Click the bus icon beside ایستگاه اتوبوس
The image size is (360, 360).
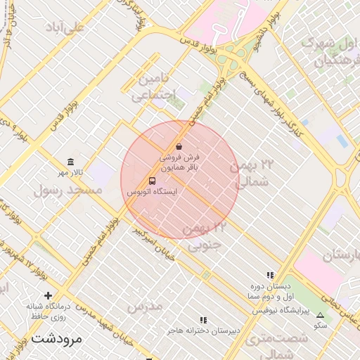(153, 181)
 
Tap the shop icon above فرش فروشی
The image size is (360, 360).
(179, 147)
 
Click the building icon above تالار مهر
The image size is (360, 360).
(70, 162)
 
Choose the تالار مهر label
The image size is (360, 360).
(70, 173)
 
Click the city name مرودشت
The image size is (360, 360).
(57, 340)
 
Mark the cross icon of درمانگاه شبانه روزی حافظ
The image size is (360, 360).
(48, 295)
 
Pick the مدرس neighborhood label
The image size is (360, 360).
(145, 306)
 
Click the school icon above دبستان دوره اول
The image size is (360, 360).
(270, 276)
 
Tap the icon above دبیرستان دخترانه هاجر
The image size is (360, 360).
(204, 320)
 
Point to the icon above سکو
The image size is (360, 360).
(321, 316)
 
